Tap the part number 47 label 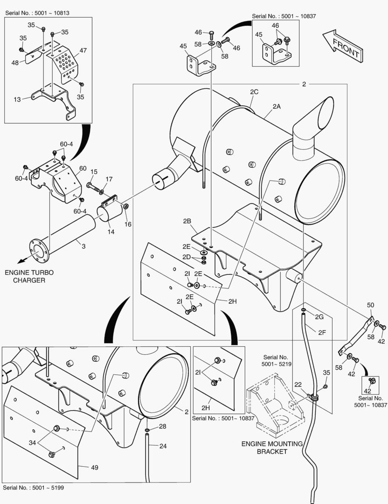[x=83, y=50]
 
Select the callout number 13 [x=17, y=99]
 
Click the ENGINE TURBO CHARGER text [x=26, y=276]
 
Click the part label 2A [x=277, y=106]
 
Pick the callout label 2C [x=254, y=92]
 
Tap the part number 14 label [x=111, y=231]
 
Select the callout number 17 [x=109, y=179]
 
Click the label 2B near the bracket [x=187, y=221]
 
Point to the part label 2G [x=319, y=317]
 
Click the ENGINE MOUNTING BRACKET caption [x=272, y=448]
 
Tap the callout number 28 [x=162, y=427]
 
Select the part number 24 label [x=163, y=446]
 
